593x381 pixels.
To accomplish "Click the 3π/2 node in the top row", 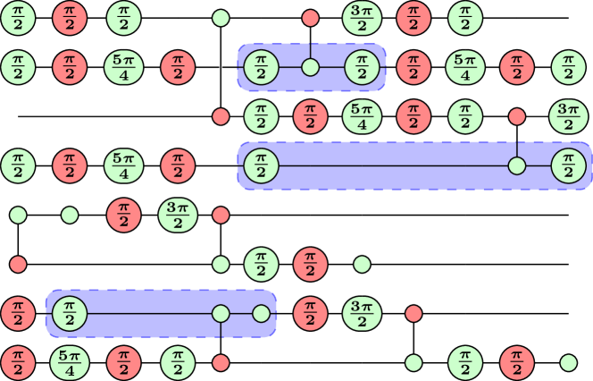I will (362, 17).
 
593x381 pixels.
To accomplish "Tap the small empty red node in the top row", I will (310, 17).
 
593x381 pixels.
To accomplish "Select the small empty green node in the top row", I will (221, 17).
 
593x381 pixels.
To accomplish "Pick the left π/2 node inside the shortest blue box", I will (260, 67).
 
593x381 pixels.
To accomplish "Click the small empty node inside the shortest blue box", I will (310, 67).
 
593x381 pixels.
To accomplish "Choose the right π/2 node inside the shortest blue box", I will (362, 67).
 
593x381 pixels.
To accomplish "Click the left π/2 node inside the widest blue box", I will (260, 165).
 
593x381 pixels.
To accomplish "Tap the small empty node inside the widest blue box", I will (516, 165).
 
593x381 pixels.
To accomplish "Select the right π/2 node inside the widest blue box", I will (568, 165).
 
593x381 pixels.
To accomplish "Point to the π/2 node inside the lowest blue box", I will (69, 314).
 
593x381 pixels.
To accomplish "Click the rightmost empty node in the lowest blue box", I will (261, 314).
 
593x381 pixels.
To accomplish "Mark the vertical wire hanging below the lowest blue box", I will (221, 330).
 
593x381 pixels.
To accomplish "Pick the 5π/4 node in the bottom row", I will (69, 363).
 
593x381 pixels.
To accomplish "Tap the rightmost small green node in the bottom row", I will (568, 363).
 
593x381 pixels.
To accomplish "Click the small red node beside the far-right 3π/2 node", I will (516, 115).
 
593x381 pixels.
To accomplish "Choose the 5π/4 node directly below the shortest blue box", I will (362, 115).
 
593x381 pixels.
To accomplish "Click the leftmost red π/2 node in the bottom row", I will (17, 363).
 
